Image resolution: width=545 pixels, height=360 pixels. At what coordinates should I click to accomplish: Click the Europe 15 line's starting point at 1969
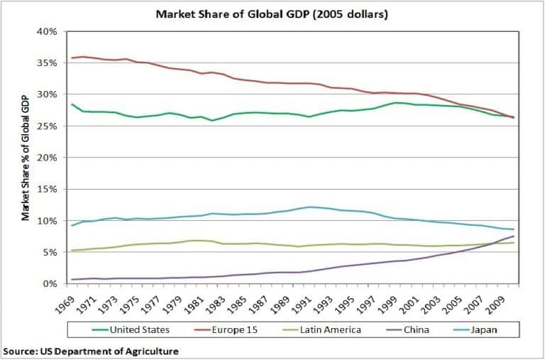(72, 58)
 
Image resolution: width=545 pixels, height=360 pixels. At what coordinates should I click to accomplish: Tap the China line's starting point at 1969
(72, 279)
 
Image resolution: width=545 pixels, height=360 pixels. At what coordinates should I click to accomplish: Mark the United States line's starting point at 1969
(72, 104)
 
